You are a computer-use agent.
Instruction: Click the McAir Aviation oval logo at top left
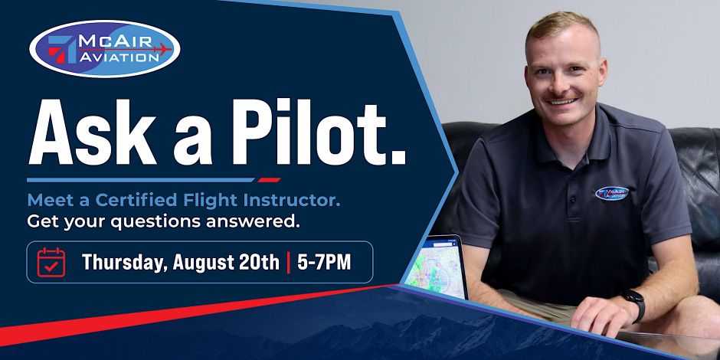[x=105, y=49]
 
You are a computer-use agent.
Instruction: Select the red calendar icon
[x=51, y=262]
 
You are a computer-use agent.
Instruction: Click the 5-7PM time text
[x=324, y=262]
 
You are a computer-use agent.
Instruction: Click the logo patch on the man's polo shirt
[x=612, y=193]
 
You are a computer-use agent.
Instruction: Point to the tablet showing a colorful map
[x=436, y=267]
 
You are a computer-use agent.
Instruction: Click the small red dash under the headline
[x=269, y=179]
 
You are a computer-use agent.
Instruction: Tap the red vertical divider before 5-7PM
[x=288, y=262]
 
